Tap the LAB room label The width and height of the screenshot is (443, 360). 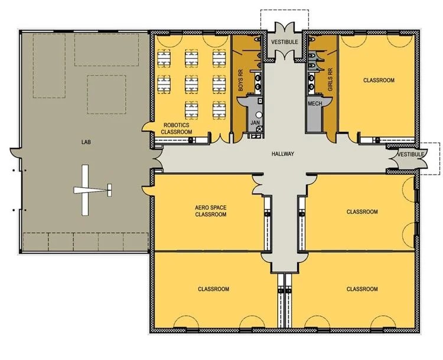pyautogui.click(x=86, y=142)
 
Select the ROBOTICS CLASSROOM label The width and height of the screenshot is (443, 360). pyautogui.click(x=176, y=128)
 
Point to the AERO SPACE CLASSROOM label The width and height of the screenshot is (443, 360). pyautogui.click(x=211, y=211)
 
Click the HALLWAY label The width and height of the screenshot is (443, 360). pyautogui.click(x=283, y=154)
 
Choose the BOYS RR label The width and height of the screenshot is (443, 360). pyautogui.click(x=241, y=80)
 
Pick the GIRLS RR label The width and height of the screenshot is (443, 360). pyautogui.click(x=330, y=79)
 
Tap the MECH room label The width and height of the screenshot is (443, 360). pyautogui.click(x=315, y=103)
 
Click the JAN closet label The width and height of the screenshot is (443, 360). pyautogui.click(x=255, y=123)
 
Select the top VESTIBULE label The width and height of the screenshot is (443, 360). pyautogui.click(x=285, y=42)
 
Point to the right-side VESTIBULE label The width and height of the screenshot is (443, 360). pyautogui.click(x=411, y=154)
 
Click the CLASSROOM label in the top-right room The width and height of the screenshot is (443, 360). pyautogui.click(x=379, y=80)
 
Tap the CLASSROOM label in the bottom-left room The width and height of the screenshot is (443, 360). pyautogui.click(x=213, y=289)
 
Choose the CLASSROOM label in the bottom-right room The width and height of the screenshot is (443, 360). pyautogui.click(x=362, y=289)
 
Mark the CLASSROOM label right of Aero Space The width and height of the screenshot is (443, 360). pyautogui.click(x=362, y=212)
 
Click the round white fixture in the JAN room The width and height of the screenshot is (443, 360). pyautogui.click(x=259, y=115)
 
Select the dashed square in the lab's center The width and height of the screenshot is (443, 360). pyautogui.click(x=106, y=95)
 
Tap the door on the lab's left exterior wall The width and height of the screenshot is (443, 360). pyautogui.click(x=15, y=153)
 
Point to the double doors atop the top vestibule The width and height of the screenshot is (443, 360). pyautogui.click(x=285, y=27)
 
